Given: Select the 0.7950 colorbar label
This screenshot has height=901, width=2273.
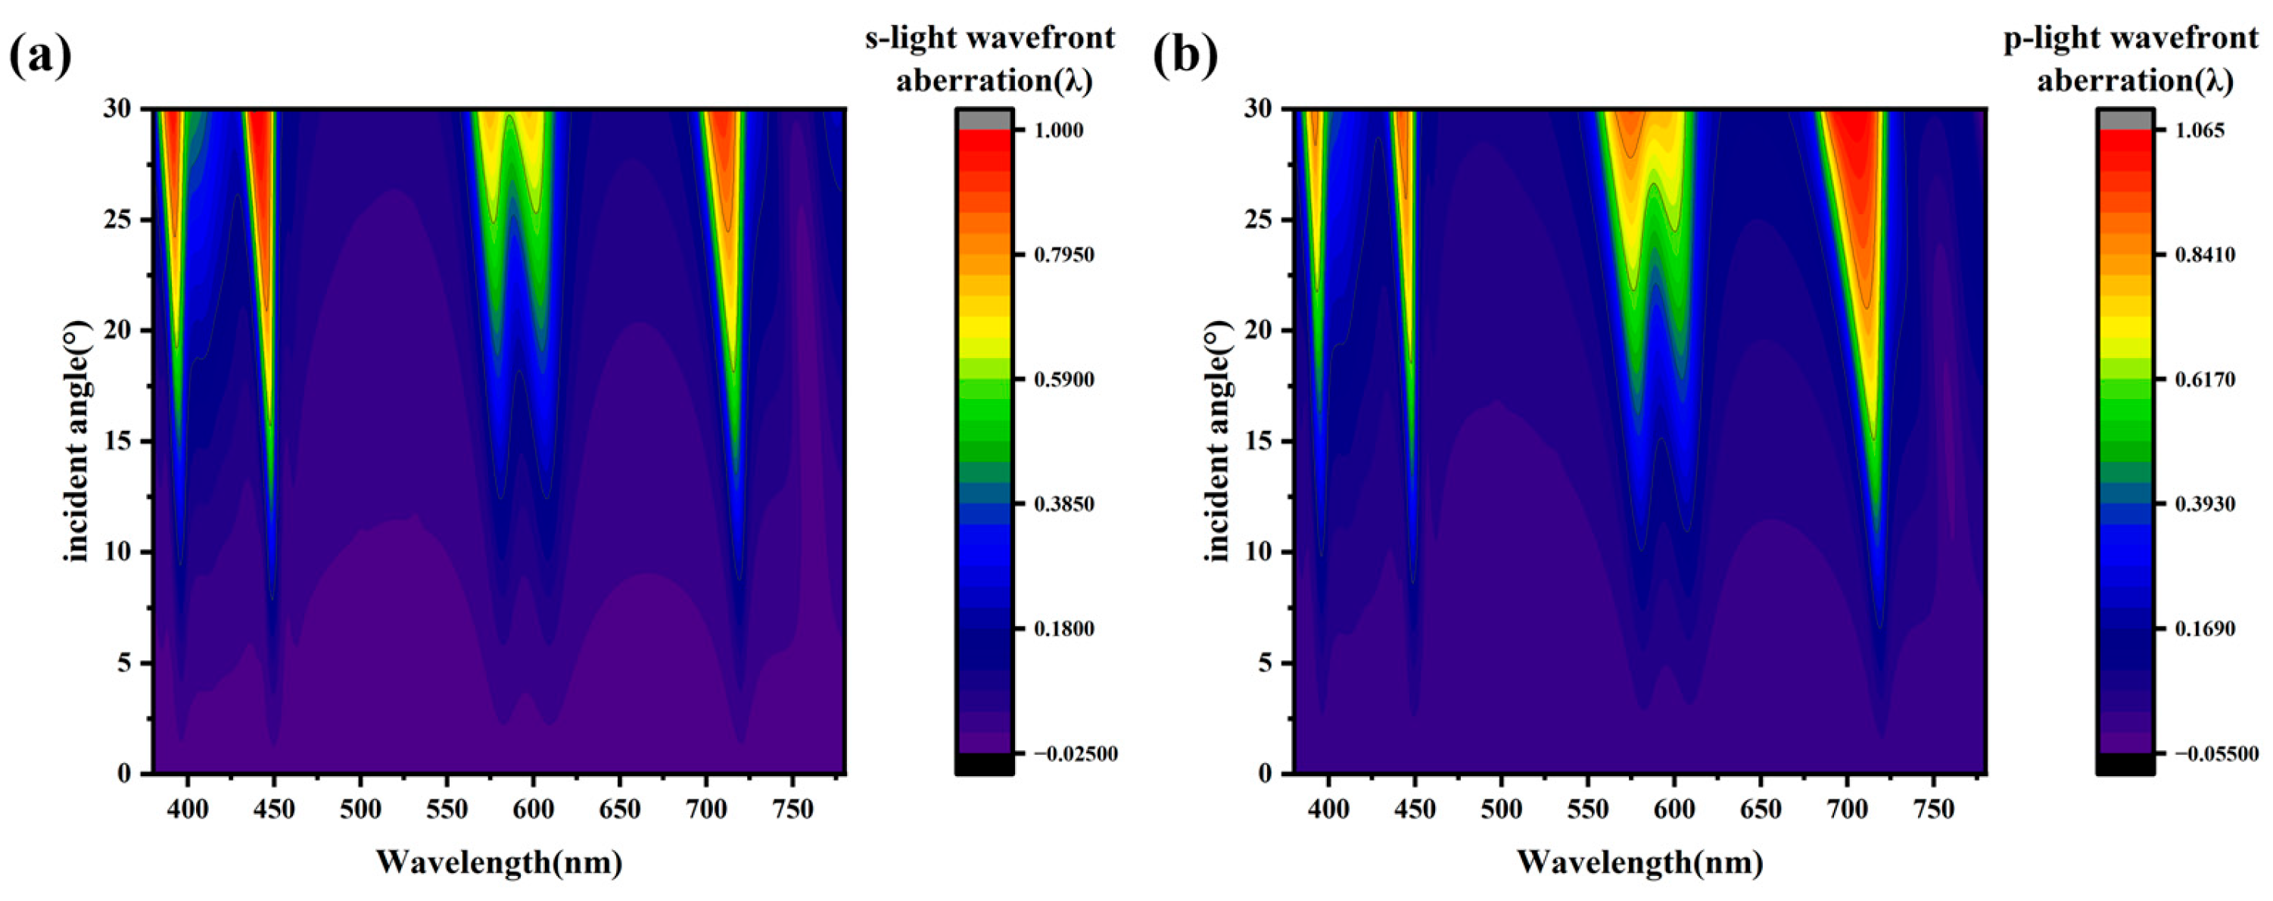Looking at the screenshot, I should point(1064,255).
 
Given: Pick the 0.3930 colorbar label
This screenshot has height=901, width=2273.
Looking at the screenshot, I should point(2203,504).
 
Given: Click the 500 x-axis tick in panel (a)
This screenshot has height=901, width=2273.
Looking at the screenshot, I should point(360,809).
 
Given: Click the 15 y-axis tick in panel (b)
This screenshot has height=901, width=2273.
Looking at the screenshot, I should point(1261,441).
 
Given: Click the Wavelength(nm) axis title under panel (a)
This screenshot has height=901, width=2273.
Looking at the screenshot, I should point(500,862).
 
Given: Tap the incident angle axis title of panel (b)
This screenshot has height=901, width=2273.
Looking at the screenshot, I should point(1218,441).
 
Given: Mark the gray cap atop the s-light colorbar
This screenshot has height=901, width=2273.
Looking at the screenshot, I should point(985,119).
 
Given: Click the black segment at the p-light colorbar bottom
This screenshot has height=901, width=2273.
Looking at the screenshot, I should point(2125,764).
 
